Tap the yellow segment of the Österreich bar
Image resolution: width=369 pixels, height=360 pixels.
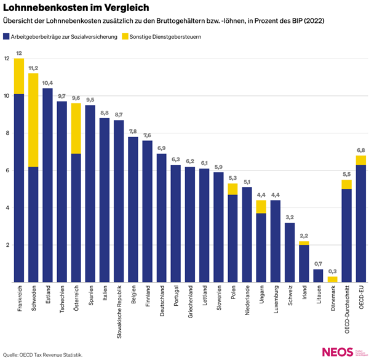[76, 128]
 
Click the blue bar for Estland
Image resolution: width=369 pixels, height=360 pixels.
[47, 185]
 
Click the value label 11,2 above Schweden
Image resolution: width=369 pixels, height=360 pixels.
[33, 68]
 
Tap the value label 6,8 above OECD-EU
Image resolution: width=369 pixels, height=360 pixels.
[361, 150]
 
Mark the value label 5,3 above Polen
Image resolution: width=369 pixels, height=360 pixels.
[232, 178]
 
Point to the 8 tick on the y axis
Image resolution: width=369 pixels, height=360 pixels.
[6, 133]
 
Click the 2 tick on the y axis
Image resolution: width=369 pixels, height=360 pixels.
[6, 245]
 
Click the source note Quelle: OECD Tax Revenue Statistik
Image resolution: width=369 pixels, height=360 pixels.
[43, 355]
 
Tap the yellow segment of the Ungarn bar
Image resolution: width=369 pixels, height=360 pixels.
[261, 207]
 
